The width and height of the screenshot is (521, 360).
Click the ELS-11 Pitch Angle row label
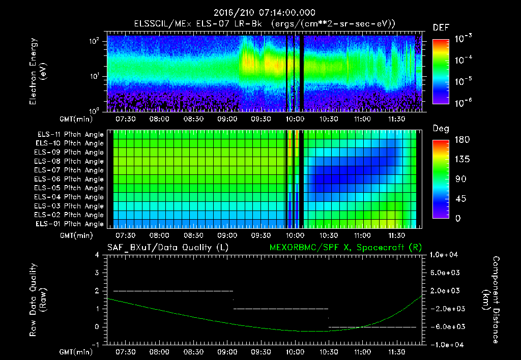click(70, 134)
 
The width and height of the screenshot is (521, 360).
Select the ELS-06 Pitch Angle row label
click(70, 179)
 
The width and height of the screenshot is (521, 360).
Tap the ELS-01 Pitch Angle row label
click(70, 224)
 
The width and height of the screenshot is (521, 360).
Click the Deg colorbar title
click(441, 129)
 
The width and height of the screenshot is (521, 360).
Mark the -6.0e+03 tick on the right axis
click(446, 326)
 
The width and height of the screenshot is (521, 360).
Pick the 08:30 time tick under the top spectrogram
click(193, 119)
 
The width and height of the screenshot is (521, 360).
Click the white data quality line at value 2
click(173, 291)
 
